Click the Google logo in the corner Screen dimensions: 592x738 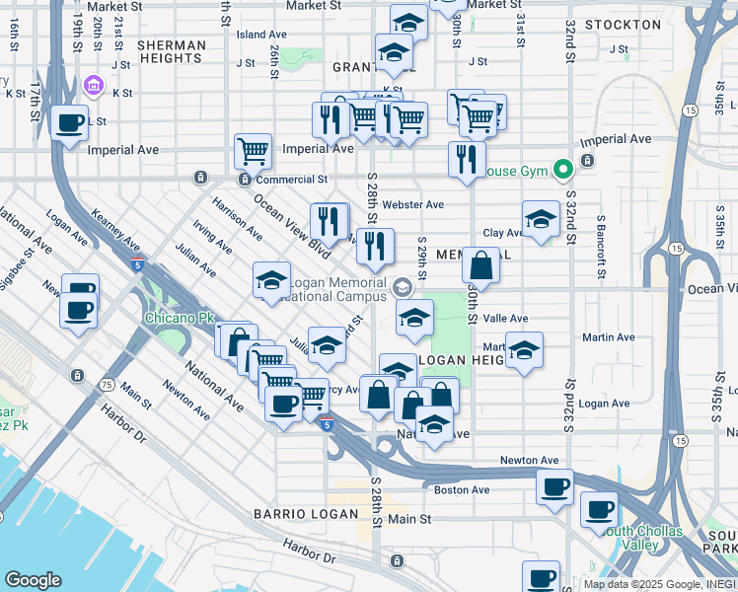point(33,580)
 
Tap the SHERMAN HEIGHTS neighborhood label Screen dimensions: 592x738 point(172,52)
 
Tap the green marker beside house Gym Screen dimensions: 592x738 point(563,171)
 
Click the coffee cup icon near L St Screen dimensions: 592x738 point(69,123)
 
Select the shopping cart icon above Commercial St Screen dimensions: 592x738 point(254,152)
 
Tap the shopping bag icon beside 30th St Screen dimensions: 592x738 point(480,265)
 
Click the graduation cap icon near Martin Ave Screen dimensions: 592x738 point(524,350)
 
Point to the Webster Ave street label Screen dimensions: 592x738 point(412,205)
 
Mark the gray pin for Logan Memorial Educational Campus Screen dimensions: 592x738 point(402,287)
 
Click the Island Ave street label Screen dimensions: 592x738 point(261,35)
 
